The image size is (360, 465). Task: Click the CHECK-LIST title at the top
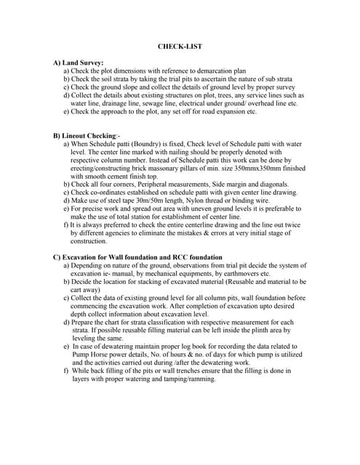180,46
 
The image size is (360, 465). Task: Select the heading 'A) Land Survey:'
79,63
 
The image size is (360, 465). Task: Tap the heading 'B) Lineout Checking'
85,136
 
